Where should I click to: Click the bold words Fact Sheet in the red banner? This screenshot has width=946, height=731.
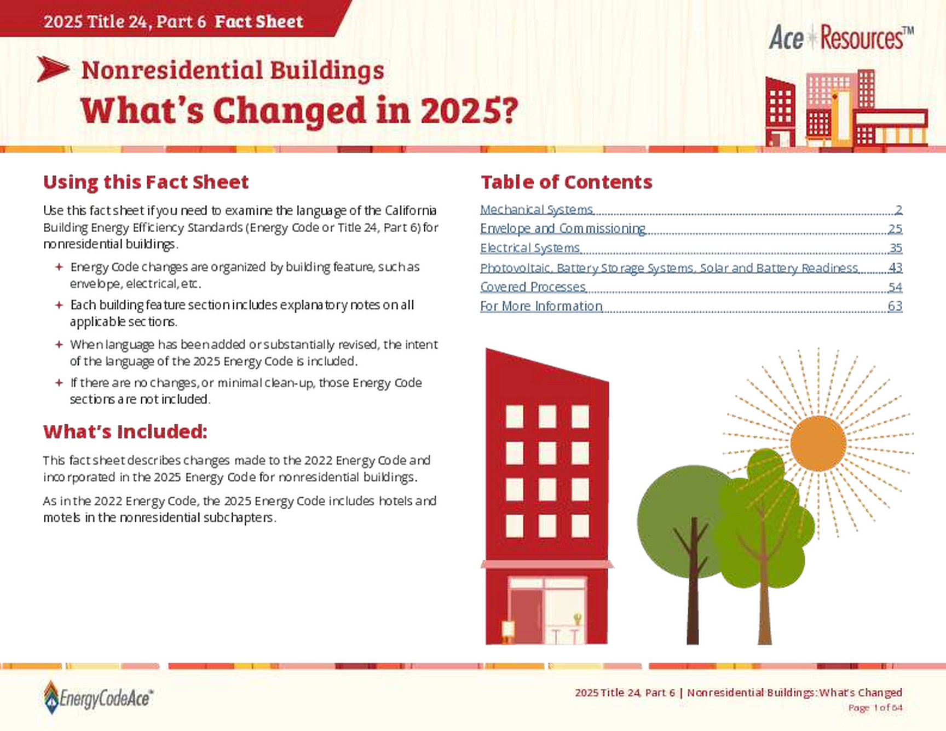pos(258,21)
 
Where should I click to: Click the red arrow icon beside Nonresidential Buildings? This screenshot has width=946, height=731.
pos(53,69)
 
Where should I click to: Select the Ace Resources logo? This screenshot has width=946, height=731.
pos(841,38)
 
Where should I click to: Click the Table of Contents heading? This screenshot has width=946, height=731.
pos(566,182)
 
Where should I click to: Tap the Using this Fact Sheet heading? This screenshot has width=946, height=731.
pos(146,182)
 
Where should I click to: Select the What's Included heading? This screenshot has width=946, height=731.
pos(124,431)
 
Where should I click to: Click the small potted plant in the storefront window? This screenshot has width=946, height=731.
pos(577,619)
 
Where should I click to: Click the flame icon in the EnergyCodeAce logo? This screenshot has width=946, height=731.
pos(51,697)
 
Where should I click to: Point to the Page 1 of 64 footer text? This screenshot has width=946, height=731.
pos(875,708)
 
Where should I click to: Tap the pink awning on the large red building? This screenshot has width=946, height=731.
pos(547,565)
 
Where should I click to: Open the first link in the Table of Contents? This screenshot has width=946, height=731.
pos(537,209)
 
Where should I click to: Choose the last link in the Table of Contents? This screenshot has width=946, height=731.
pos(541,304)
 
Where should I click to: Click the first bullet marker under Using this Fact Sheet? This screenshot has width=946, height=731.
pos(59,267)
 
